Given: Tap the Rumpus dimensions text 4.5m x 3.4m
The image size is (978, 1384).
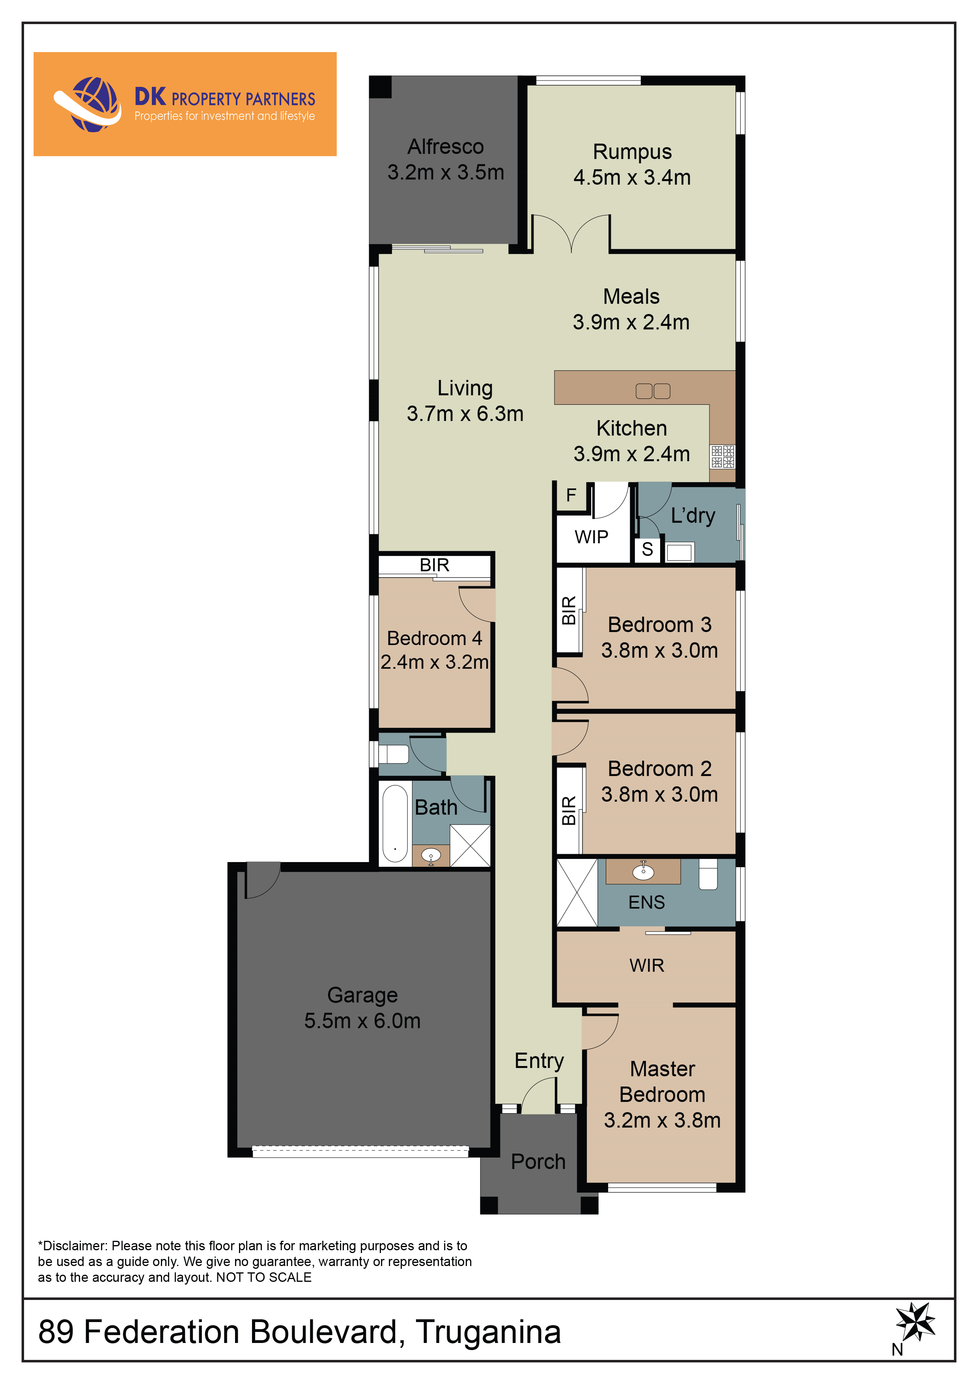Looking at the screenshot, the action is pyautogui.click(x=632, y=177).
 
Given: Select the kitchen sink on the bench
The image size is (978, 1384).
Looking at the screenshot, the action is pyautogui.click(x=653, y=391).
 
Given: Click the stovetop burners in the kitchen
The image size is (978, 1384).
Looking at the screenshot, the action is pyautogui.click(x=722, y=456).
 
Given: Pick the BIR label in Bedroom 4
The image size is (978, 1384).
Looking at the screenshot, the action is pyautogui.click(x=435, y=565).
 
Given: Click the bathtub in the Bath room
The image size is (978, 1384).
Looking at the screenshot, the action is pyautogui.click(x=395, y=823).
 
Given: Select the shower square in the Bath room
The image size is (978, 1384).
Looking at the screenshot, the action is pyautogui.click(x=470, y=846).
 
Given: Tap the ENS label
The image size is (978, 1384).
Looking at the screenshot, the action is pyautogui.click(x=647, y=902).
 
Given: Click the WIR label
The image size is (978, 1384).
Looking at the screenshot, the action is pyautogui.click(x=647, y=965).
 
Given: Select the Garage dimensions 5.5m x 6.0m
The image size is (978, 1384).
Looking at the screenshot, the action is pyautogui.click(x=362, y=1021).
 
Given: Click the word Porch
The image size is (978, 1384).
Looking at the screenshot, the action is pyautogui.click(x=538, y=1161).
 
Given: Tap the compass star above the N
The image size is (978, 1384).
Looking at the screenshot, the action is pyautogui.click(x=915, y=1321).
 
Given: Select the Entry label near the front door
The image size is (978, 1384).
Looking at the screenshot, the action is pyautogui.click(x=539, y=1061).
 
